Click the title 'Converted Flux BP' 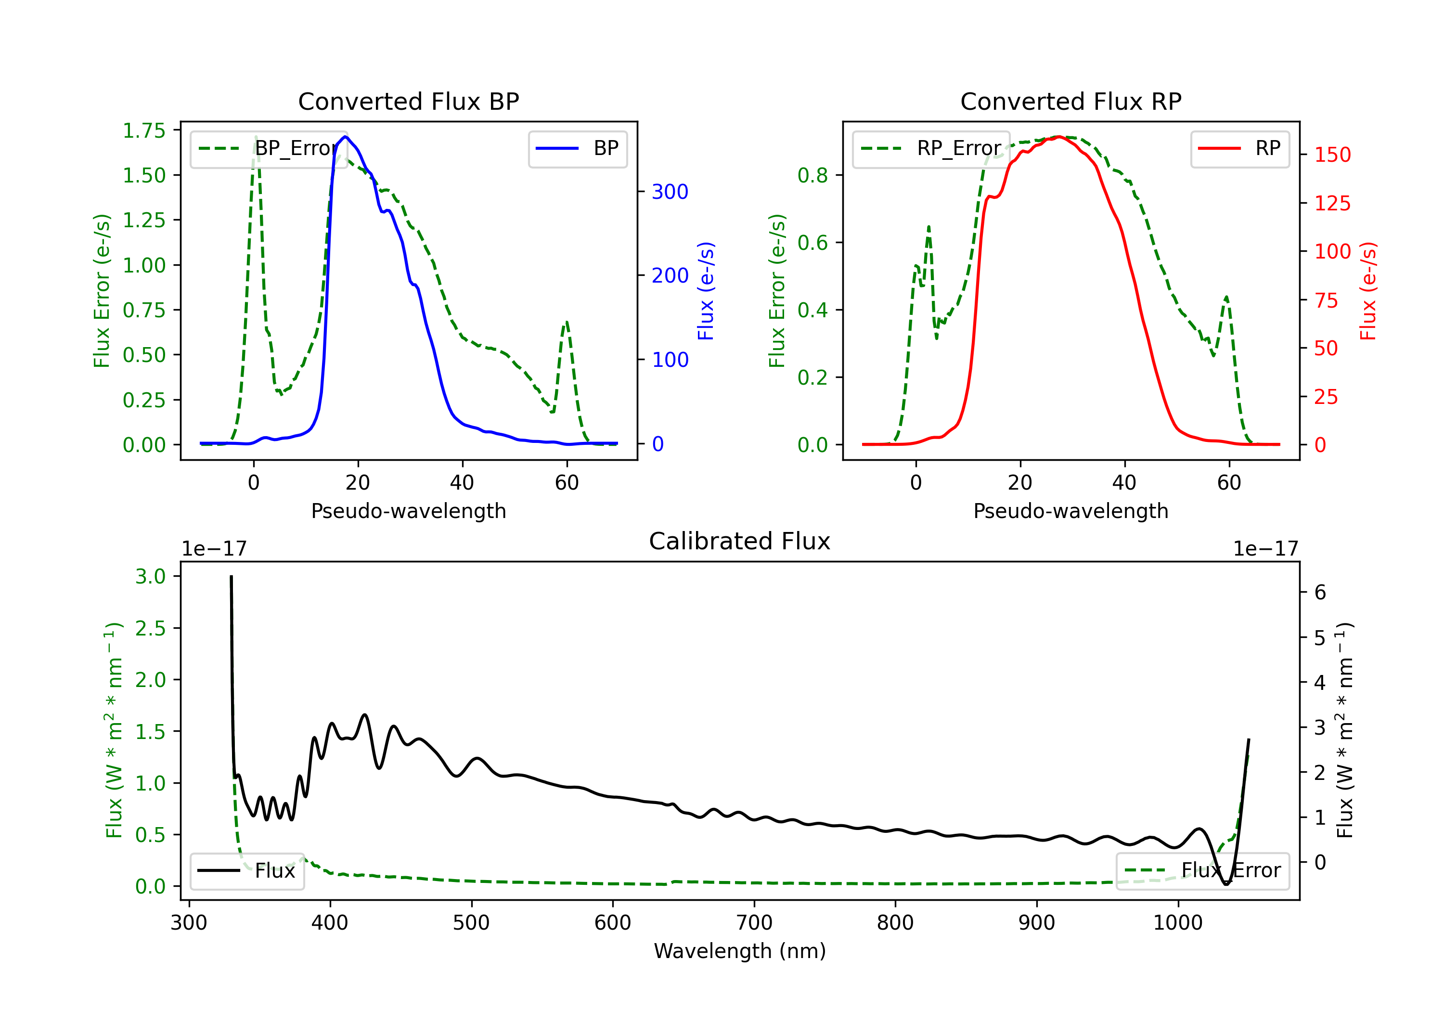[x=408, y=101]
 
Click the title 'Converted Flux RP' [x=1070, y=101]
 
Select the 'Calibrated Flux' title [x=740, y=541]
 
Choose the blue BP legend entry [x=577, y=148]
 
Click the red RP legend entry [x=1239, y=148]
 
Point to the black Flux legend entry [x=246, y=871]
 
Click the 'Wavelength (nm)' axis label [x=740, y=951]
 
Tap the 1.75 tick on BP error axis [x=144, y=130]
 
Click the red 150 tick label [x=1332, y=155]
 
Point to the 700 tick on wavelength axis [x=754, y=922]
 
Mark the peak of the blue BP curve [x=345, y=137]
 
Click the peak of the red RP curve [x=1059, y=137]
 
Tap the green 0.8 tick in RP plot [x=812, y=175]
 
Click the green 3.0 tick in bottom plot [x=150, y=576]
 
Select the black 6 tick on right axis [x=1320, y=592]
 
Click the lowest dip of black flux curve [x=1226, y=884]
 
